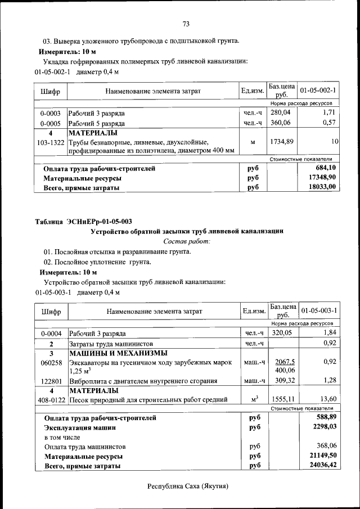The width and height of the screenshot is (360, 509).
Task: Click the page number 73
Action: [186, 24]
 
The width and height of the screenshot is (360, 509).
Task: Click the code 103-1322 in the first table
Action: [51, 142]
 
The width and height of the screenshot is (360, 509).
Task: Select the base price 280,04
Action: [282, 113]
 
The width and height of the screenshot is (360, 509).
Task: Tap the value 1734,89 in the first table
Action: [282, 142]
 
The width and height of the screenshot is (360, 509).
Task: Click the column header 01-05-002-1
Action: [318, 91]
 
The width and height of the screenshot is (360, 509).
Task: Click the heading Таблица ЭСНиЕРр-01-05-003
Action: [83, 221]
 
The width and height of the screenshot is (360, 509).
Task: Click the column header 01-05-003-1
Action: [318, 310]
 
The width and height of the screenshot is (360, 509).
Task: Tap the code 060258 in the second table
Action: [51, 363]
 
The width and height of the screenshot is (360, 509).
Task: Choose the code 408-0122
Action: [51, 400]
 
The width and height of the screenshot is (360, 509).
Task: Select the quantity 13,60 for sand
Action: [327, 400]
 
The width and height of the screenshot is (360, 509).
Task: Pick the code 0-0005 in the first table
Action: [51, 123]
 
